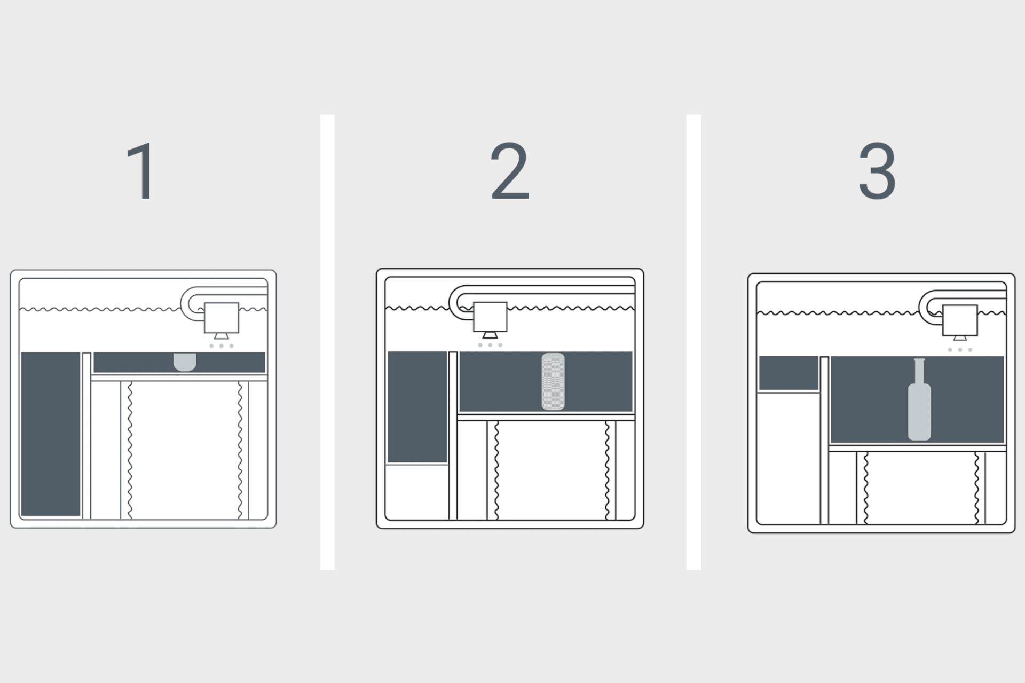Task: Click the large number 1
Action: coord(142,172)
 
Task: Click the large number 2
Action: coord(510,172)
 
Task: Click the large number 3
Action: coord(877,172)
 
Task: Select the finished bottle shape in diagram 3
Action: coord(919,411)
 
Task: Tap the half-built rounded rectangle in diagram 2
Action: coord(553,381)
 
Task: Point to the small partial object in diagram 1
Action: coord(185,361)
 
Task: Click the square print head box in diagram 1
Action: coord(222,318)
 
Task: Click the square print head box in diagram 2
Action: coord(490,317)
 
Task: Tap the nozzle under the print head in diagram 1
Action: coord(222,336)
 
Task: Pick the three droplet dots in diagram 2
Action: coord(490,345)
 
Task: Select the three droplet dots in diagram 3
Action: coord(960,350)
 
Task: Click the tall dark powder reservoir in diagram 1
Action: coord(51,434)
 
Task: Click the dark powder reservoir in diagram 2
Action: coord(417,406)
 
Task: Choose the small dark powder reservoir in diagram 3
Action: coord(789,373)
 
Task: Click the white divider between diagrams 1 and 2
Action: coord(327,342)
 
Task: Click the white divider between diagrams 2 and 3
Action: coord(693,342)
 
